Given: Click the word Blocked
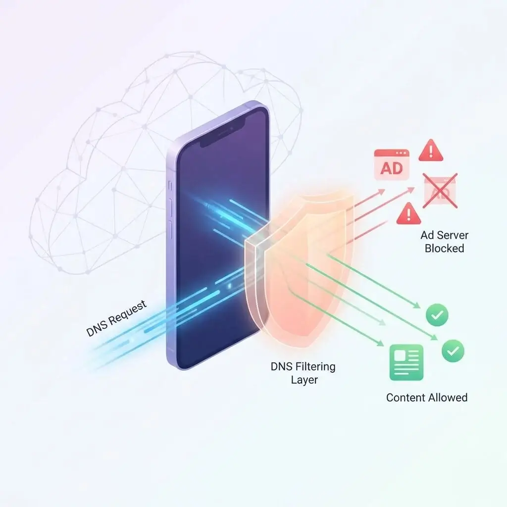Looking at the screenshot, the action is coord(445,248).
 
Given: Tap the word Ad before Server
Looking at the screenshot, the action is coord(427,235).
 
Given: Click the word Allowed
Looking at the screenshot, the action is coord(448,397).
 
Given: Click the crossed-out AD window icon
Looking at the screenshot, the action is coord(440,191).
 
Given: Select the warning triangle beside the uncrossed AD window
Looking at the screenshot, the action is coord(431,151).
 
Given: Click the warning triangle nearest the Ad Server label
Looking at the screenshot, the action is coord(408,213).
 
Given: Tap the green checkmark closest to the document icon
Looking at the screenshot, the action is coord(453,351).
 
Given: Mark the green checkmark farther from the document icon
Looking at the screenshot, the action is coord(437,314).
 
